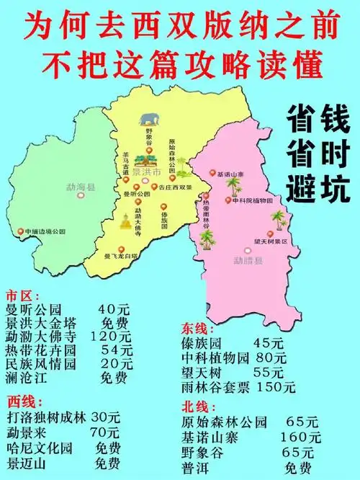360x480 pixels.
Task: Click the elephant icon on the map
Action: pyautogui.click(x=150, y=119)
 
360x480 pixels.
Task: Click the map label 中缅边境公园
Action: pyautogui.click(x=45, y=231)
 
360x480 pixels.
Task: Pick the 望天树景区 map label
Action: pyautogui.click(x=274, y=242)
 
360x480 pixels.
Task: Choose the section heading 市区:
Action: pyautogui.click(x=20, y=295)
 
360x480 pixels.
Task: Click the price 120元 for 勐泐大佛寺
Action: pyautogui.click(x=111, y=337)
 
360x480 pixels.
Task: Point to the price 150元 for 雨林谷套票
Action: pyautogui.click(x=276, y=386)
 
